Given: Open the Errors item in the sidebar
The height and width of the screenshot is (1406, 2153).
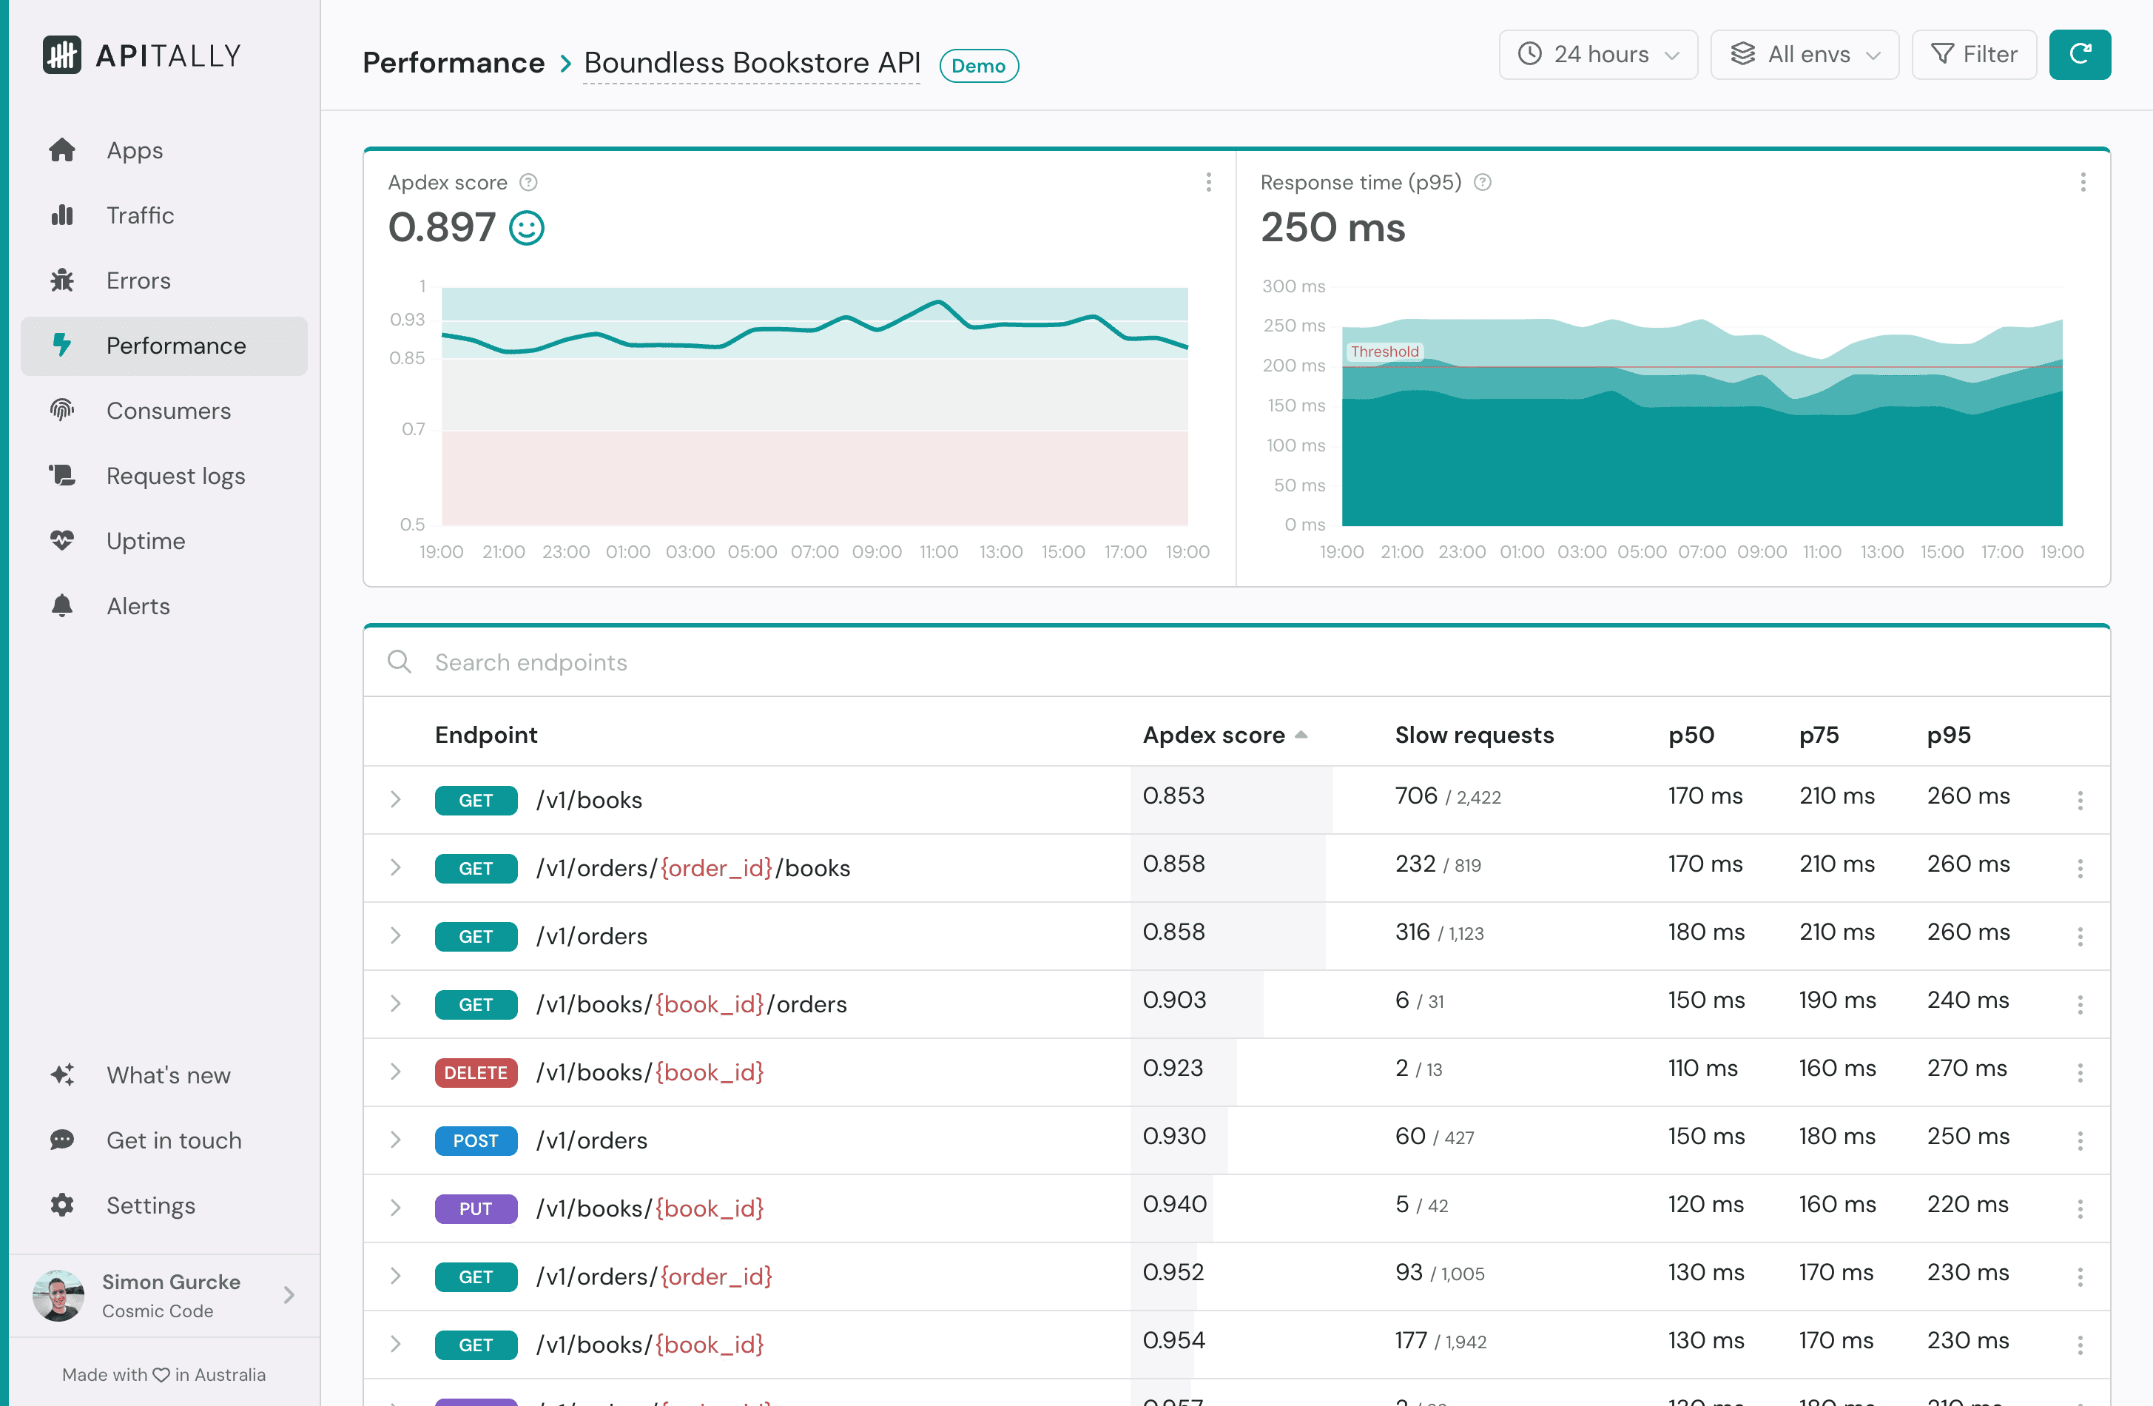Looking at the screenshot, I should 138,280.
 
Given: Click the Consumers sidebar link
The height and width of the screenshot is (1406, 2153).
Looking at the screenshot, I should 167,411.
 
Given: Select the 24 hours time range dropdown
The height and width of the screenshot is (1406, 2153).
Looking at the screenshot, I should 1597,54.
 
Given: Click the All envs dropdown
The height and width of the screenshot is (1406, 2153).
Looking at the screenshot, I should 1804,54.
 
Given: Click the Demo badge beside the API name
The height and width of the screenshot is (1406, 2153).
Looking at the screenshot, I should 978,66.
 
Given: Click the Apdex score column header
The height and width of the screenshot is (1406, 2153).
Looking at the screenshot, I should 1213,735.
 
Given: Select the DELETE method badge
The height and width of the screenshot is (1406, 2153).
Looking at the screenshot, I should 476,1072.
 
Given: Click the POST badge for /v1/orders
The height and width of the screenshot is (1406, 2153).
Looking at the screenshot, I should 476,1140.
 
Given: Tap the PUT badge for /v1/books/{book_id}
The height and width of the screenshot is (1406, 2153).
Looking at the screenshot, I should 476,1208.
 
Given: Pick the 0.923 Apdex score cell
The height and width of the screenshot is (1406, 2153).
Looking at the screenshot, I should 1173,1068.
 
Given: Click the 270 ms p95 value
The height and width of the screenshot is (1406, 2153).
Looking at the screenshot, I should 1966,1068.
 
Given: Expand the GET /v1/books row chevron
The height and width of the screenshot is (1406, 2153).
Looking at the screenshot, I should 395,800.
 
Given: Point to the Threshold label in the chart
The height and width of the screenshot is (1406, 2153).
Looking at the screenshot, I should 1384,351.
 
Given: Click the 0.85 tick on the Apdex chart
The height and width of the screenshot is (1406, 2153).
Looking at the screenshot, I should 407,358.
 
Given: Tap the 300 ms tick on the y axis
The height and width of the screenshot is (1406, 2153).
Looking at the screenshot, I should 1293,286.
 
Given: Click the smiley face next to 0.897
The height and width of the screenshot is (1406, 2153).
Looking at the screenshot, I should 527,228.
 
